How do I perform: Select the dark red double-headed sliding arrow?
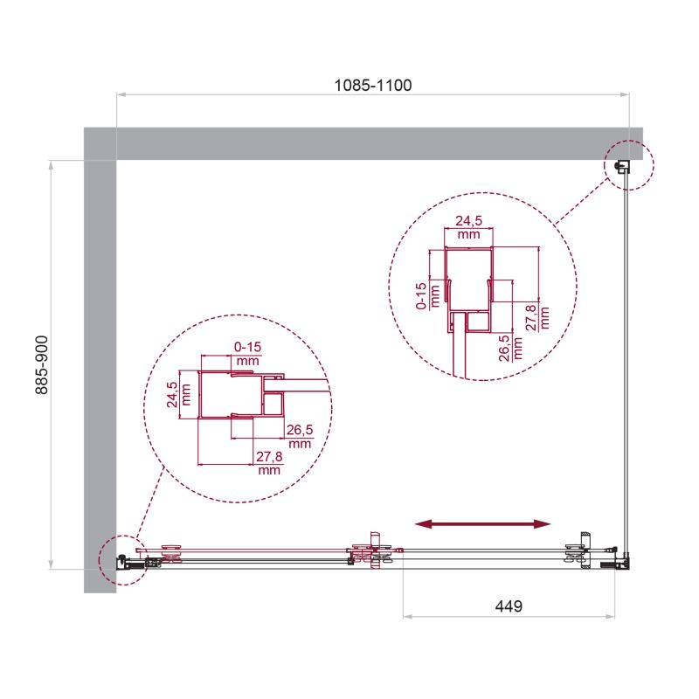pyautogui.click(x=482, y=523)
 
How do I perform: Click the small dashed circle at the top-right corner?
pyautogui.click(x=626, y=164)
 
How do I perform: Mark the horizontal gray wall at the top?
pyautogui.click(x=367, y=143)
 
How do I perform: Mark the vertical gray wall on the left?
pyautogui.click(x=100, y=367)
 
